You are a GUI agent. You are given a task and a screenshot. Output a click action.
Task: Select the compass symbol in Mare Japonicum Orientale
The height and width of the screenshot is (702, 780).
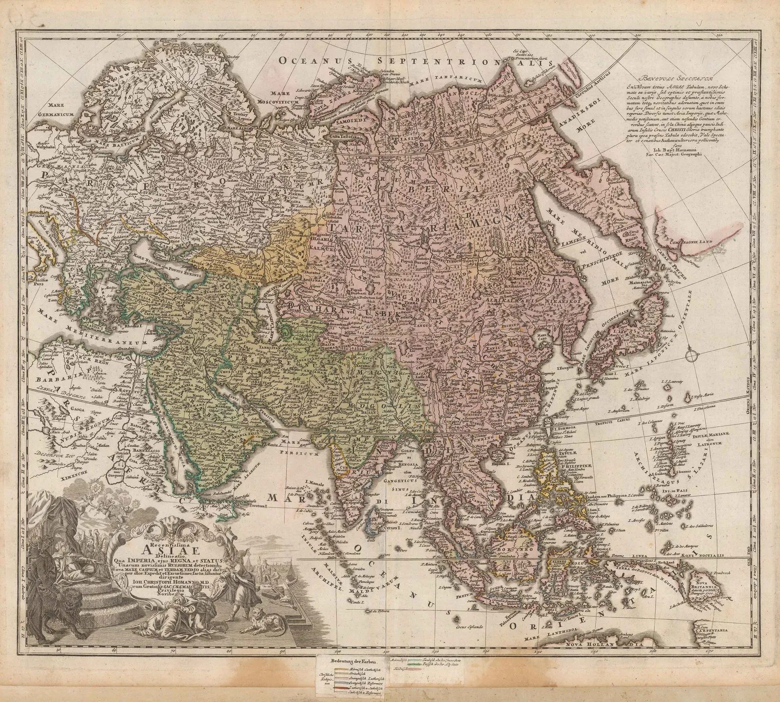click(x=692, y=356)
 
